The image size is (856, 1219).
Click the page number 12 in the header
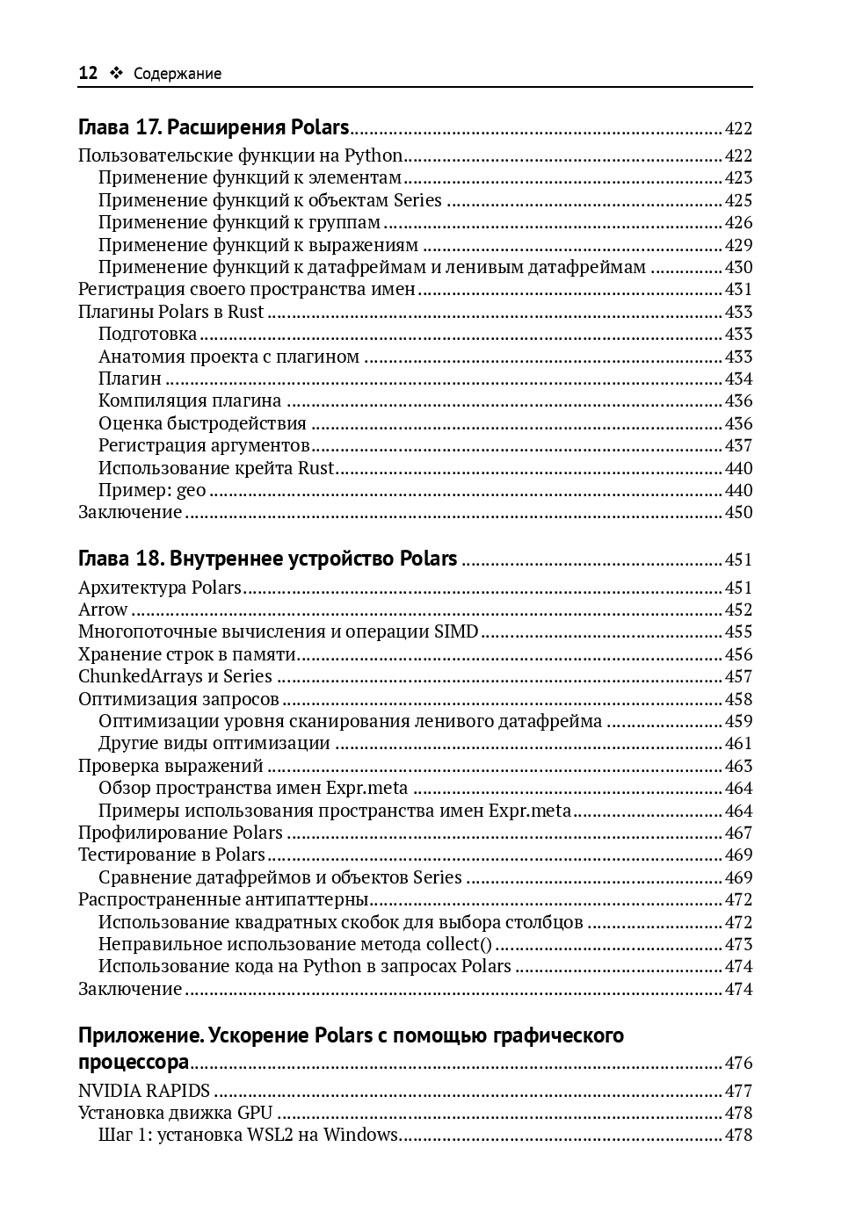tap(88, 74)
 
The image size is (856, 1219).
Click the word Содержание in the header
tap(177, 75)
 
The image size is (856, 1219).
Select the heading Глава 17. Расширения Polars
tap(214, 128)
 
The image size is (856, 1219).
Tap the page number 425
tap(738, 200)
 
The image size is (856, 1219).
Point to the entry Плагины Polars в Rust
tap(170, 312)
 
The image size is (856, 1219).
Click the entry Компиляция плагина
tap(190, 401)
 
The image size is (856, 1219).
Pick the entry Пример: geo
tap(152, 490)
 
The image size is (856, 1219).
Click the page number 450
tap(738, 513)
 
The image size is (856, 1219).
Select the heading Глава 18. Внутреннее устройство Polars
tap(268, 559)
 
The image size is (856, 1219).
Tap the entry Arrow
tap(103, 609)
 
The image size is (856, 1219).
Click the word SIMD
tap(456, 631)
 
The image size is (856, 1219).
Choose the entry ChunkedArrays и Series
tap(175, 676)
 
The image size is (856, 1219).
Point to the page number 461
tap(738, 744)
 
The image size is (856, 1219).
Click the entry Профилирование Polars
tap(180, 833)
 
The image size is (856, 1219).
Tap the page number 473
tap(738, 944)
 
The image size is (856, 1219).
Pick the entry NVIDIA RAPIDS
tap(144, 1091)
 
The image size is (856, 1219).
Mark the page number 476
tap(738, 1064)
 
